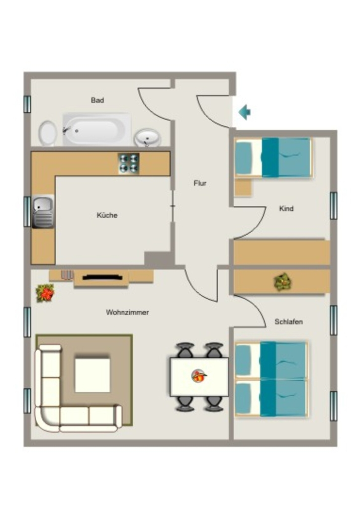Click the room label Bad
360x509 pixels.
[97, 100]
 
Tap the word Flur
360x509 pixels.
[200, 183]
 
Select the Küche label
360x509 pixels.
[107, 215]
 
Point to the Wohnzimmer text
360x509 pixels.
[128, 312]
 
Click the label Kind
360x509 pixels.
[286, 208]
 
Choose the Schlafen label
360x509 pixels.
[288, 322]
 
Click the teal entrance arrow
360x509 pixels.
[245, 112]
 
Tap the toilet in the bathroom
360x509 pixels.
[48, 133]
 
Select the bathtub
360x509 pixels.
[97, 130]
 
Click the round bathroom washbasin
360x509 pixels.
[148, 138]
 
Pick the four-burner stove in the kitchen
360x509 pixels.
[129, 163]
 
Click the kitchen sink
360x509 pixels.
[43, 212]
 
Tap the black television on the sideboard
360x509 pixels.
[102, 277]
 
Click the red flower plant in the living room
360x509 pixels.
[45, 293]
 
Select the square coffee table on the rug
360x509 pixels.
[92, 375]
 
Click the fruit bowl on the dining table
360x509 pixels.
[199, 376]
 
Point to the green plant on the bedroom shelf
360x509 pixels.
[283, 282]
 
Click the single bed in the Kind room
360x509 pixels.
[273, 158]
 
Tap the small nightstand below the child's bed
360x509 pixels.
[243, 187]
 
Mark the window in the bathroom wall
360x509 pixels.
[27, 104]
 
